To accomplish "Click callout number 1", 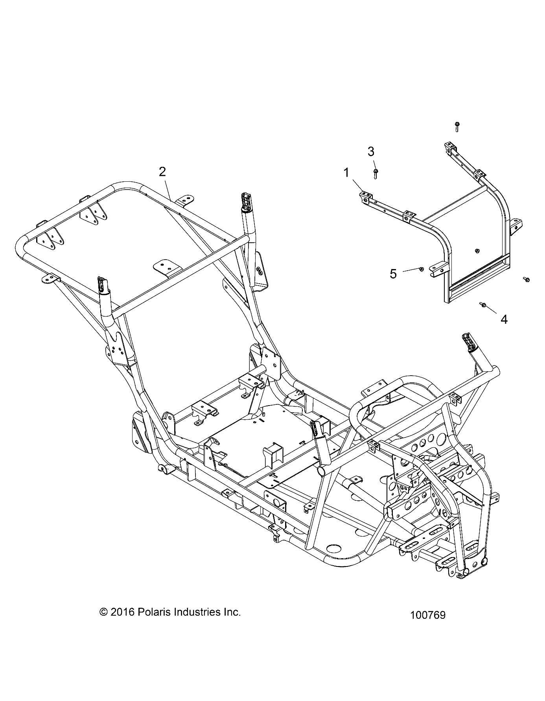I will pyautogui.click(x=346, y=173).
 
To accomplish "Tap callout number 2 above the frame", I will pyautogui.click(x=162, y=172).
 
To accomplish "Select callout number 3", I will pyautogui.click(x=371, y=151).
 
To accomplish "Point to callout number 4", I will pyautogui.click(x=504, y=319).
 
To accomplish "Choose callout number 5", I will pyautogui.click(x=393, y=274).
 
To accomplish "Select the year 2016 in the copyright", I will pyautogui.click(x=123, y=612).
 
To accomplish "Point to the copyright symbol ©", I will pyautogui.click(x=104, y=612).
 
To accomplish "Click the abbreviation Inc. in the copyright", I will pyautogui.click(x=231, y=612).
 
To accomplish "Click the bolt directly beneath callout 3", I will pyautogui.click(x=376, y=173).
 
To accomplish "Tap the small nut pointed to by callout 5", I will pyautogui.click(x=421, y=269).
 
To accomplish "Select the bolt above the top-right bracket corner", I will pyautogui.click(x=457, y=126).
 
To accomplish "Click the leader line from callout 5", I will pyautogui.click(x=411, y=270).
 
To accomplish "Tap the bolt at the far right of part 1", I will pyautogui.click(x=526, y=279).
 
